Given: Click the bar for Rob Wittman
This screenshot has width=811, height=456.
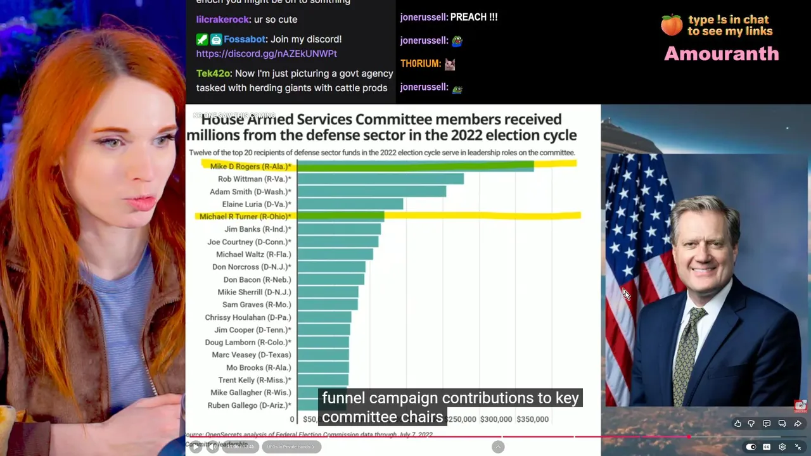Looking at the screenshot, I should (380, 179).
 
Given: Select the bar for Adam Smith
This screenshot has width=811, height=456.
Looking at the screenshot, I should (371, 192).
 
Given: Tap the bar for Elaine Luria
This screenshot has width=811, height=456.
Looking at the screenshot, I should (350, 204).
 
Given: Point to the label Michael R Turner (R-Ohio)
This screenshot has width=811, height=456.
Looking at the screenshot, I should (245, 217).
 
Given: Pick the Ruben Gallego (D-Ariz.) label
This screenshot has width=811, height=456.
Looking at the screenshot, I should (249, 405).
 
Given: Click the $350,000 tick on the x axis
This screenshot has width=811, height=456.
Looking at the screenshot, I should (532, 419).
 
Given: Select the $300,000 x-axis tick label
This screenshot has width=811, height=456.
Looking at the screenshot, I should (496, 419).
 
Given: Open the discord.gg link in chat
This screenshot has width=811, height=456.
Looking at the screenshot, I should (266, 54).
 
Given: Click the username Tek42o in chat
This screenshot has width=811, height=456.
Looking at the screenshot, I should (214, 73).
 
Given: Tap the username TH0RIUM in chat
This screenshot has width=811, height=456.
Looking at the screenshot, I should (420, 63).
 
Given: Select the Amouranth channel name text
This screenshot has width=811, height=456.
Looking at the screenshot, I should (721, 54).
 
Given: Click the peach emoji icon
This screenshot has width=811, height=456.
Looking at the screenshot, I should (672, 25).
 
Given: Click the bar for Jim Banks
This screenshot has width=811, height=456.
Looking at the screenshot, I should (339, 229).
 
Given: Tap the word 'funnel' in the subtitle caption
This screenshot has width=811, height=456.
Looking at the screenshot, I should (343, 398).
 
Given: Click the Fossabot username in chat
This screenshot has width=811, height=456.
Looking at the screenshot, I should (244, 39).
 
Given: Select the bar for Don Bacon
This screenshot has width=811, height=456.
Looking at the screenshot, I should (330, 280).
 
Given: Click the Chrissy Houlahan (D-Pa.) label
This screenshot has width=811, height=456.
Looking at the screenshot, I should (248, 317).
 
